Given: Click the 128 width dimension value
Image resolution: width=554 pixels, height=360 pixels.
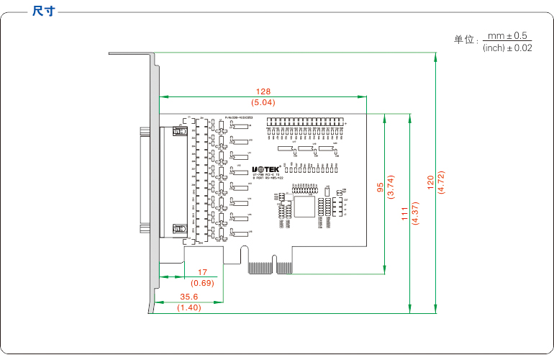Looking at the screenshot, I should click(263, 91).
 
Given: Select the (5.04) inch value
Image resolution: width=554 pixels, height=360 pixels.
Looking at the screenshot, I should click(263, 103).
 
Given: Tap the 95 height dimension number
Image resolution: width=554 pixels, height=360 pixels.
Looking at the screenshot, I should click(380, 186).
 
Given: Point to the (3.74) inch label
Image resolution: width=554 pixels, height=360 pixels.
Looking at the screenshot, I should click(391, 186).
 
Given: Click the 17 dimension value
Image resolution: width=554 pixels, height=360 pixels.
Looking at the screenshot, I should click(202, 272).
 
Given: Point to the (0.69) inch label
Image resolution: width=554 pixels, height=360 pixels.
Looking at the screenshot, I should click(202, 283).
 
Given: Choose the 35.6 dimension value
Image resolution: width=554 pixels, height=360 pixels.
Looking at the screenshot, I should click(189, 297).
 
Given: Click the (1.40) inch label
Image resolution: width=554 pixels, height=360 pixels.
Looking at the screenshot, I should click(189, 307).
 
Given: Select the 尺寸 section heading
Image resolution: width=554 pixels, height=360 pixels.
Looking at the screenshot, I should click(44, 12).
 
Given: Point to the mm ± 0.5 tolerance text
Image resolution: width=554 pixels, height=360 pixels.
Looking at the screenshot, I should click(507, 35).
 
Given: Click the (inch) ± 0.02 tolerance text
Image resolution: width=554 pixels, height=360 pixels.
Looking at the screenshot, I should click(507, 48).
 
